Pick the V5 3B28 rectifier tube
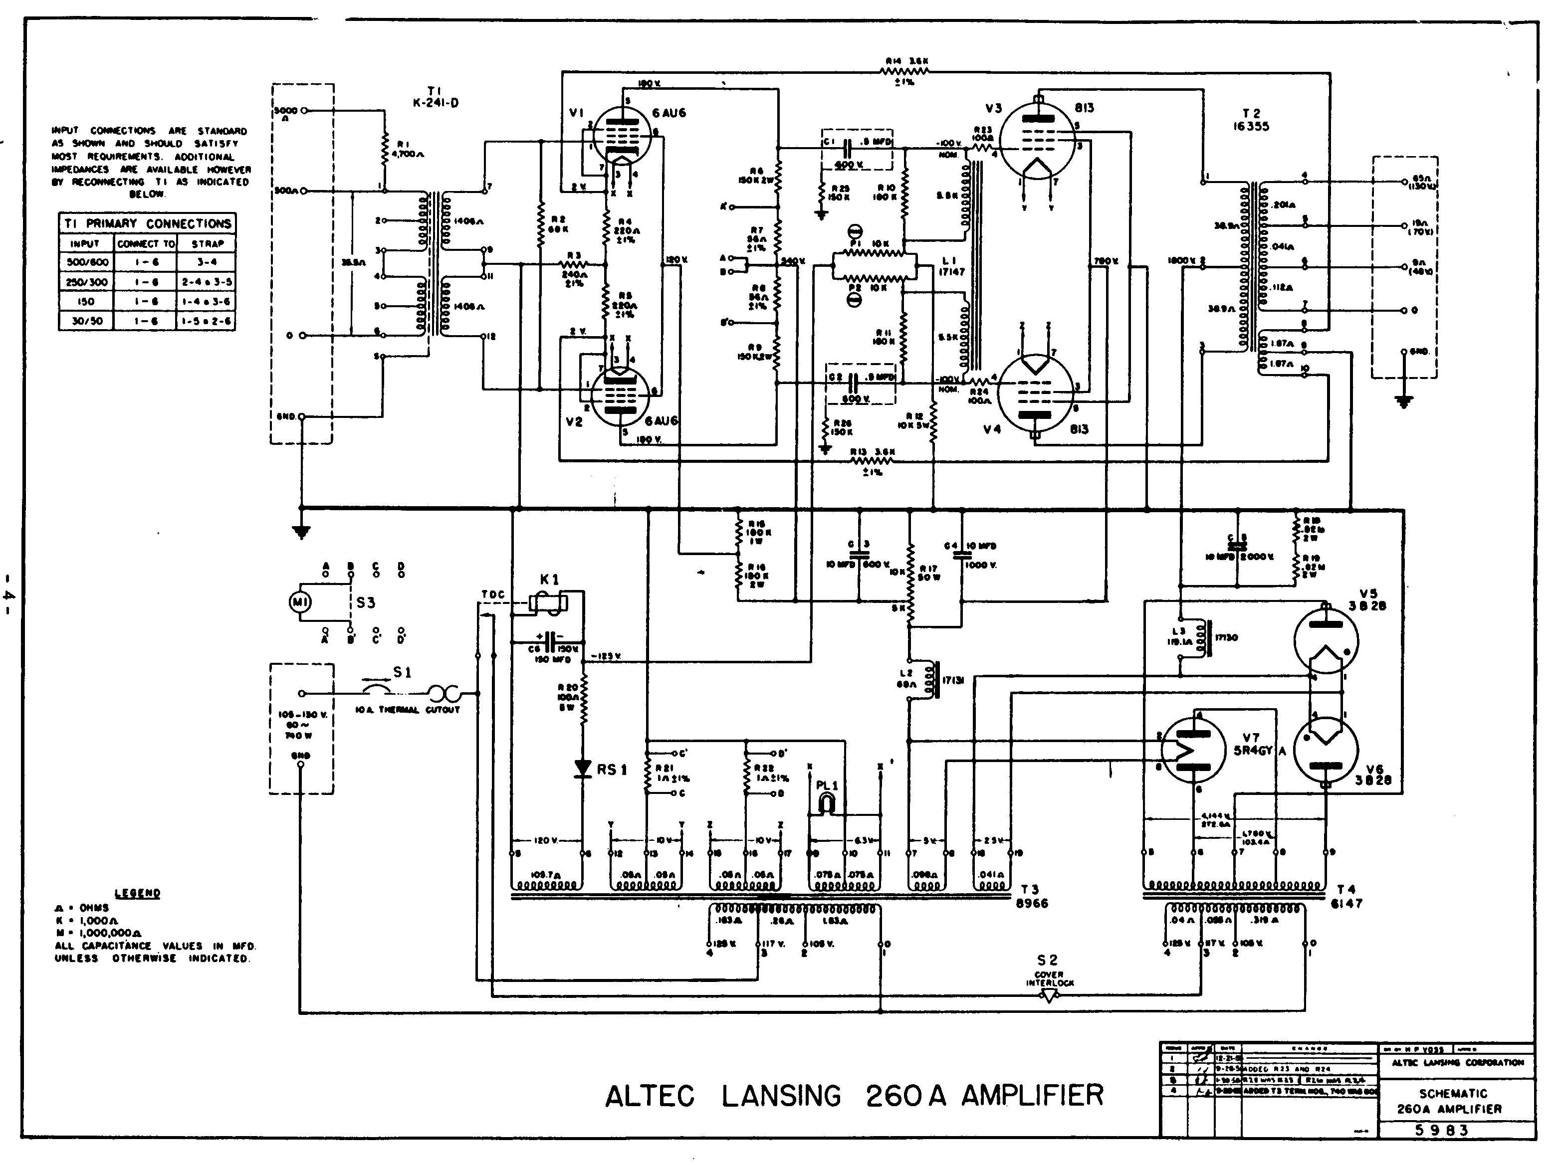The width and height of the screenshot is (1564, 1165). pos(1326,640)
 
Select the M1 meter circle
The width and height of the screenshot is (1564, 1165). pos(297,601)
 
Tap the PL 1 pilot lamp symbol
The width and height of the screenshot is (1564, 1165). pos(826,802)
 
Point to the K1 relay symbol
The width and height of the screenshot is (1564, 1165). pos(549,602)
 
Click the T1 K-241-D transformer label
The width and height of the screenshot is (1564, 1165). pos(435,97)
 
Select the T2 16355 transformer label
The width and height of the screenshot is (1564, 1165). pos(1252,119)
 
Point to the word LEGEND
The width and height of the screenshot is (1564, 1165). pos(138,893)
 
